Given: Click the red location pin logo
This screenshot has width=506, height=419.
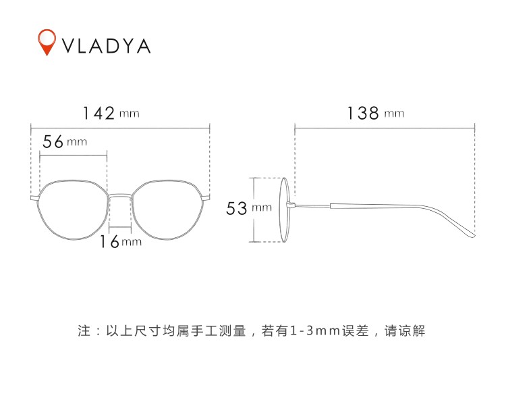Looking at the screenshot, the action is point(47,41).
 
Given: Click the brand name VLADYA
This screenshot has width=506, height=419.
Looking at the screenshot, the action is point(107,45).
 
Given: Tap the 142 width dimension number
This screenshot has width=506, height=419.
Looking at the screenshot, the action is point(99,113).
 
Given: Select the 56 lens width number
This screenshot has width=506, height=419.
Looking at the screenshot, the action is point(53,142).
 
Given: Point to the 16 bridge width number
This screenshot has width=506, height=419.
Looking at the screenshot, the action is point(109,241).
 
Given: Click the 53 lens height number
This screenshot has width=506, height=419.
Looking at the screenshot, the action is point(237,209).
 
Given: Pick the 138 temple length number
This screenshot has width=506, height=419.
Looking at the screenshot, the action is point(363,113).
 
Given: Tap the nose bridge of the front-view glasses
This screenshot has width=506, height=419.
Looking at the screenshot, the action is point(121,195).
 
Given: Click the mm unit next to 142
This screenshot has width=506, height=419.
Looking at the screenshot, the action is point(130,114).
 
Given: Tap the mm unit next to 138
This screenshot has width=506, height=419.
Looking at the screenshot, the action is point(394,114).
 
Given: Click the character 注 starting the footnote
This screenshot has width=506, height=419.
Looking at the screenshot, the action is point(84,332).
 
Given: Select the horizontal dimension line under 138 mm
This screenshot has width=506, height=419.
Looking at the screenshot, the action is point(385,126).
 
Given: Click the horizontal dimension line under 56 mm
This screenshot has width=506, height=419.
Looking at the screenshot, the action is point(74,154).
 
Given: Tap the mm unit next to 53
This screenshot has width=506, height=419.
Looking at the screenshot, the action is point(261,209).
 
